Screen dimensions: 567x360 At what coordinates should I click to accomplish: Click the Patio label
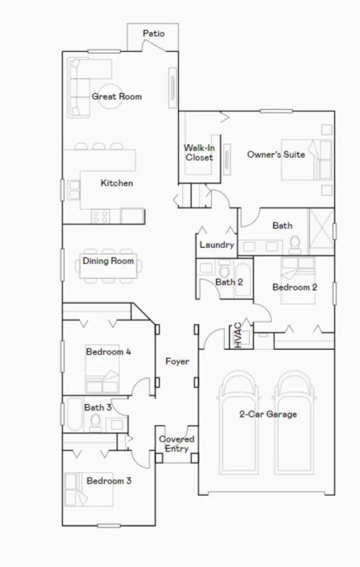pyautogui.click(x=153, y=34)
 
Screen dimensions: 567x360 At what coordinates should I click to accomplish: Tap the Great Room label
pyautogui.click(x=117, y=96)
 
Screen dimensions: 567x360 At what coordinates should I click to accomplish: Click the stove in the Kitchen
pyautogui.click(x=99, y=216)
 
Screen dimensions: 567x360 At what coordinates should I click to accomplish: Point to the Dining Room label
pyautogui.click(x=108, y=261)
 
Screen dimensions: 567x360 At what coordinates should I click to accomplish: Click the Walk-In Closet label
pyautogui.click(x=199, y=153)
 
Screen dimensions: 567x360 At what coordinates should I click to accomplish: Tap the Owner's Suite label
pyautogui.click(x=276, y=154)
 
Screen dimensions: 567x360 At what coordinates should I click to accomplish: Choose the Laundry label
pyautogui.click(x=217, y=245)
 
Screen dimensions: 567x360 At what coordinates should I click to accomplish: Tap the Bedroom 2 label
pyautogui.click(x=295, y=287)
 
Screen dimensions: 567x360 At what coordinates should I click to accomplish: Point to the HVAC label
pyautogui.click(x=238, y=335)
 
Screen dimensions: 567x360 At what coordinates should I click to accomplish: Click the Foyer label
pyautogui.click(x=177, y=361)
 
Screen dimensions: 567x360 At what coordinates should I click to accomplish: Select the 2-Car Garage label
pyautogui.click(x=268, y=414)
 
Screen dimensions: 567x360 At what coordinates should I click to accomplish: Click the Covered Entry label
pyautogui.click(x=177, y=444)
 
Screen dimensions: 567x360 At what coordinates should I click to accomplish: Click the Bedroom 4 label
pyautogui.click(x=108, y=352)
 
